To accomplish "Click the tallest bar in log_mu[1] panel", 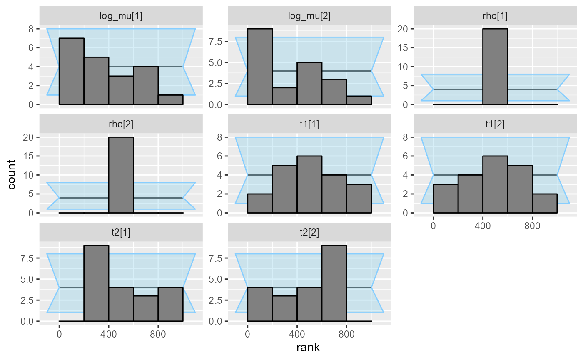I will pos(72,71).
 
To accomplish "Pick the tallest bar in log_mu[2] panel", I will pos(260,67).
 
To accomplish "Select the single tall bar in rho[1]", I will pos(495,67).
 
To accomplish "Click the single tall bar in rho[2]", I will pos(121,175).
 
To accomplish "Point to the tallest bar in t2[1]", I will pos(96,283).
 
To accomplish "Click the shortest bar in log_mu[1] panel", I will pos(170,100).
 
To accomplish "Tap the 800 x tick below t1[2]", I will pos(532,227).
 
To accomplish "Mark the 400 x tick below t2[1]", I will pos(108,335).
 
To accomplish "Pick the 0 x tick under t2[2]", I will pos(247,335).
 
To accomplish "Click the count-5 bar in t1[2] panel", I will pos(520,189).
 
